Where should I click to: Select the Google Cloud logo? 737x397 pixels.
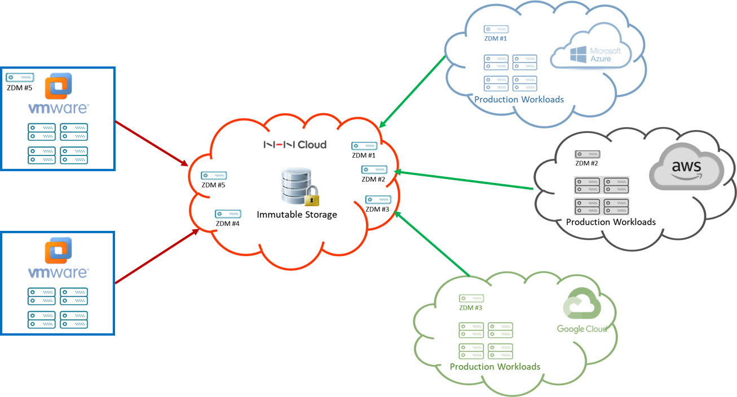point(582,314)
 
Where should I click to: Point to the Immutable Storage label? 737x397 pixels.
point(297,215)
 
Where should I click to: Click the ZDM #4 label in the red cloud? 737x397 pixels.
point(228,224)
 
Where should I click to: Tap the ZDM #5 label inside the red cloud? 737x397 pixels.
point(214,185)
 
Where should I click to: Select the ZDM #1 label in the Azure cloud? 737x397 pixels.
point(496,39)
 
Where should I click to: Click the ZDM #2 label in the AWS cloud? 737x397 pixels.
point(586,163)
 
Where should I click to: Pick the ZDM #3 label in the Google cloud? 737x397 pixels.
point(470,307)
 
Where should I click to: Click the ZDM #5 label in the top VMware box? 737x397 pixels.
point(19,87)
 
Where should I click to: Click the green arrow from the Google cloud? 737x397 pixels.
point(432,244)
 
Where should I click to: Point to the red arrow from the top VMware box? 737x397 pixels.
point(151,143)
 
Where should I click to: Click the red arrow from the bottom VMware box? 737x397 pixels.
point(156,256)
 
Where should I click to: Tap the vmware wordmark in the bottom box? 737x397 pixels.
point(58,273)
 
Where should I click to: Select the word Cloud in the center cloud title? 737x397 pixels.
point(312,145)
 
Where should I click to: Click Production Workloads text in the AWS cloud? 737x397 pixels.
point(611,222)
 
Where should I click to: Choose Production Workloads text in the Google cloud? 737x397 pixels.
point(495,367)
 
